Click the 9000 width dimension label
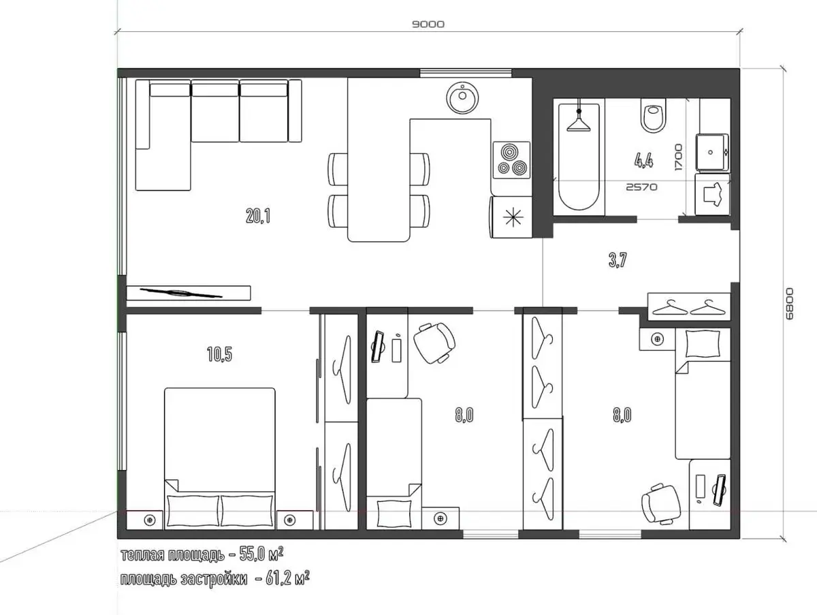click(x=428, y=25)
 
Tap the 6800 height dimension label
click(x=788, y=304)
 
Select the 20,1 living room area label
click(x=258, y=216)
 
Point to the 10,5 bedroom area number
click(x=220, y=354)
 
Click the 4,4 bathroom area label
click(x=643, y=161)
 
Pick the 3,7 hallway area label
click(x=618, y=260)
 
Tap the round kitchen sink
click(x=462, y=98)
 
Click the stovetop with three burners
click(x=512, y=160)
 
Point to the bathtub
click(x=579, y=157)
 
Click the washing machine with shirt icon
click(x=712, y=194)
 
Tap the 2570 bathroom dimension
click(x=642, y=187)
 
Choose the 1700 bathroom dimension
click(x=679, y=157)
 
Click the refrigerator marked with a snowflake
click(x=511, y=217)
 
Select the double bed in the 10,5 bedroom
click(x=220, y=458)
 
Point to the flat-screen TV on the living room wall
click(x=181, y=293)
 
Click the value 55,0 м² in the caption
click(x=261, y=554)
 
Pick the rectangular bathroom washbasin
click(x=712, y=152)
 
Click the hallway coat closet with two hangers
click(x=688, y=306)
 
